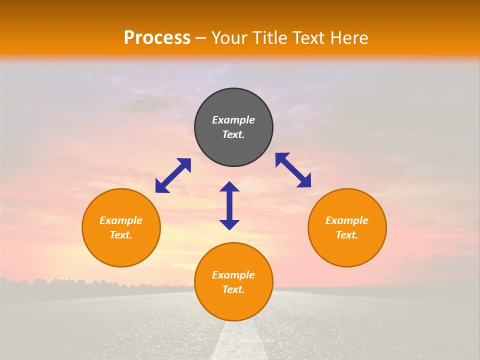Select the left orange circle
coord(121,250)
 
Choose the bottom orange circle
coord(233,305)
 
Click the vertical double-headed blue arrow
coord(229,205)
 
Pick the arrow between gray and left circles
coord(173,175)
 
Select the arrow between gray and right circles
coord(293,170)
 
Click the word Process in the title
coord(157,38)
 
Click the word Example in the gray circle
coord(233,120)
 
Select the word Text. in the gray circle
coord(233,134)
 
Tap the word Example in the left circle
coord(121,220)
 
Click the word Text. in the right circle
coord(347,235)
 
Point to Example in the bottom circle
coord(233,275)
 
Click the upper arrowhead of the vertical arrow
coord(229,187)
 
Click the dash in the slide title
coord(201,38)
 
